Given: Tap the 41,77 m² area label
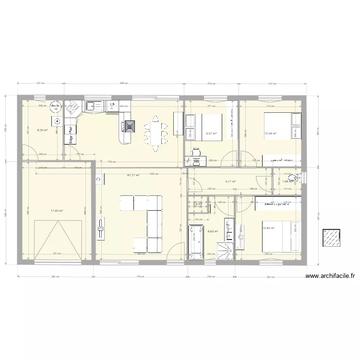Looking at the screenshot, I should tap(133, 175).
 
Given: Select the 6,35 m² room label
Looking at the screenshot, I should tap(43, 130).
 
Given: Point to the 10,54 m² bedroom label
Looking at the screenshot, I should tap(271, 133).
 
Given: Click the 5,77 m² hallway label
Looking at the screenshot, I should tap(230, 181).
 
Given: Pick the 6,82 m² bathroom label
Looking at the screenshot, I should tap(213, 231).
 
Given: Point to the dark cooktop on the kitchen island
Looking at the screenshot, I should tap(131, 127).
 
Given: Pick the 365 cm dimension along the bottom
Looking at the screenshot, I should tap(55, 276).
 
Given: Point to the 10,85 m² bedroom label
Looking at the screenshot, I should tap(268, 228).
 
